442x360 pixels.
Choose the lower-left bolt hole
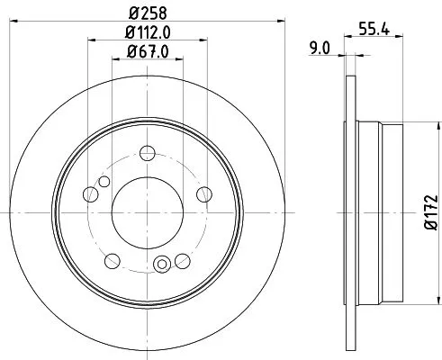point(111,260)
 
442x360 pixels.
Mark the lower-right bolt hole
point(182,260)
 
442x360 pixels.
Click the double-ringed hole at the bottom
point(162,264)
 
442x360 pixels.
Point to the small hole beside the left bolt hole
point(104,183)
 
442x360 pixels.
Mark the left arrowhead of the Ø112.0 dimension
point(91,41)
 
